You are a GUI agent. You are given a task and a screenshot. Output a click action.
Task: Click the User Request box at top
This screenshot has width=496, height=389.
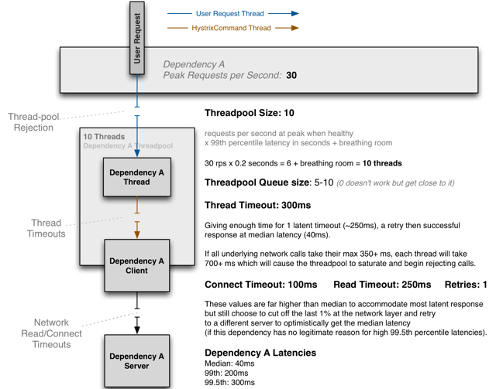point(136,38)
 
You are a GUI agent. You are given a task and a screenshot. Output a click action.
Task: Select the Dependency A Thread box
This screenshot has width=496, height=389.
point(136,177)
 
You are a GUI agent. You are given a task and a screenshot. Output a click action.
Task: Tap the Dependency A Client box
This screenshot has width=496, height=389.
point(136,266)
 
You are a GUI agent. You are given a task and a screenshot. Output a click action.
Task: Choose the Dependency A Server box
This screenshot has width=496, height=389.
point(136,361)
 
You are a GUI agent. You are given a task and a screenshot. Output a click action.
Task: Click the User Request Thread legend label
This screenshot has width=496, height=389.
point(229,13)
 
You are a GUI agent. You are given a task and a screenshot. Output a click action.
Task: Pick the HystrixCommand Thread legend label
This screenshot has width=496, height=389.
point(232,28)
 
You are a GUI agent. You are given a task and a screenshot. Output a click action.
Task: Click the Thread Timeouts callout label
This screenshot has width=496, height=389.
point(46,228)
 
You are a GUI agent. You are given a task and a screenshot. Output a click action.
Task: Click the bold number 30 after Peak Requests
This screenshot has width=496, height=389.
point(291,76)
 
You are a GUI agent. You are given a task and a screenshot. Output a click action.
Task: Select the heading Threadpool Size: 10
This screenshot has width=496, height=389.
point(250,112)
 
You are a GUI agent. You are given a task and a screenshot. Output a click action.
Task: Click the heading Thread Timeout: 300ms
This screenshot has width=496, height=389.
point(257,206)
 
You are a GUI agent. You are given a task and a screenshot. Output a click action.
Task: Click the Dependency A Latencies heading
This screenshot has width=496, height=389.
point(260,353)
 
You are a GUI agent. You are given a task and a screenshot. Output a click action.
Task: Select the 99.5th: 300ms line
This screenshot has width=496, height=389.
point(229,383)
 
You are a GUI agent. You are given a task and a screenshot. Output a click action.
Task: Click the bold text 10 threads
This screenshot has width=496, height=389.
point(379,164)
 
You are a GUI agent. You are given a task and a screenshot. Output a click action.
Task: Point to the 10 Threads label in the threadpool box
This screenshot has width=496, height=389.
point(104,137)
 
